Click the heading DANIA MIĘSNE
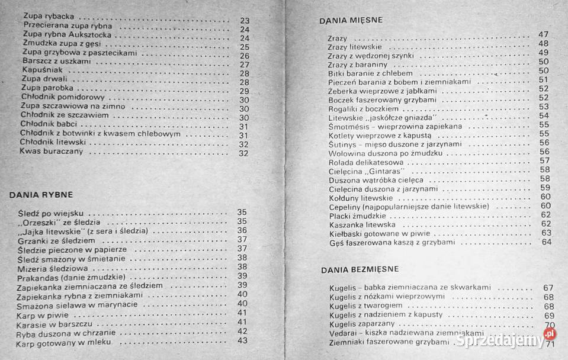point(351,20)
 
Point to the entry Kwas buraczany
point(50,152)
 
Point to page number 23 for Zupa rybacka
point(245,21)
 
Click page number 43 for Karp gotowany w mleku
point(242,340)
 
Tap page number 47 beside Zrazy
point(544,34)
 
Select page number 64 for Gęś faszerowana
point(546,242)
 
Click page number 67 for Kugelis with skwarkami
point(548,288)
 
